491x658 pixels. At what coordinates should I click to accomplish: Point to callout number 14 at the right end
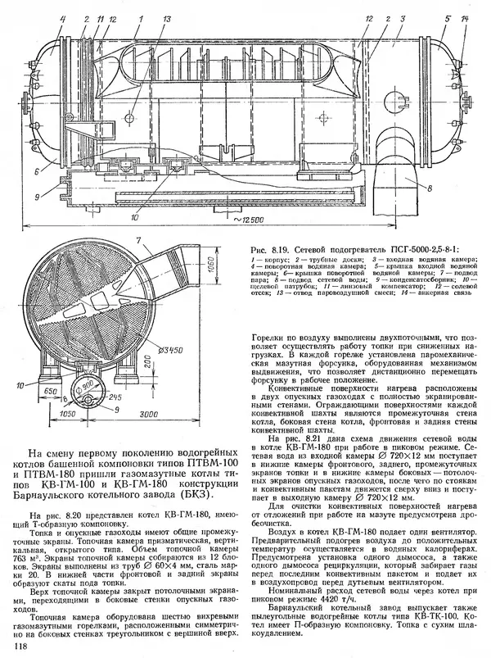[466, 17]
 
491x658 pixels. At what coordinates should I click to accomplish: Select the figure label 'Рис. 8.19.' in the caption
[265, 246]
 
